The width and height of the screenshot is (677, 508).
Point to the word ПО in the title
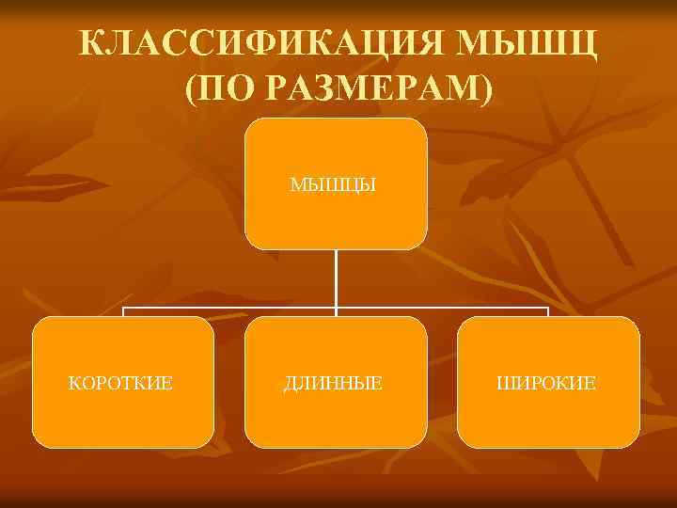coord(226,90)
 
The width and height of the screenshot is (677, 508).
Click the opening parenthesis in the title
coord(192,91)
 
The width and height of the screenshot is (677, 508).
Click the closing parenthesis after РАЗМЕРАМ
coord(484,91)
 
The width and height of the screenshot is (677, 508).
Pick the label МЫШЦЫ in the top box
coord(336,184)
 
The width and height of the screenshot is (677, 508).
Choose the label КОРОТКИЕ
coord(122,383)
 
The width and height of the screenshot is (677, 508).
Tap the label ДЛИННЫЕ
coord(336,383)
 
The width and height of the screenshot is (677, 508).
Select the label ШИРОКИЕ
coord(548,383)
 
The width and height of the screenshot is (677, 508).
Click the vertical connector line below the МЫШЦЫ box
coord(336,278)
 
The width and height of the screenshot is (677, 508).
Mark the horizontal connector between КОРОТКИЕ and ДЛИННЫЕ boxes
coord(230,308)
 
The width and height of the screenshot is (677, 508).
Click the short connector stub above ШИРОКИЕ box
coord(548,312)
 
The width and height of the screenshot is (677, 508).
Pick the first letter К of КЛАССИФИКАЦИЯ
coord(90,45)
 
